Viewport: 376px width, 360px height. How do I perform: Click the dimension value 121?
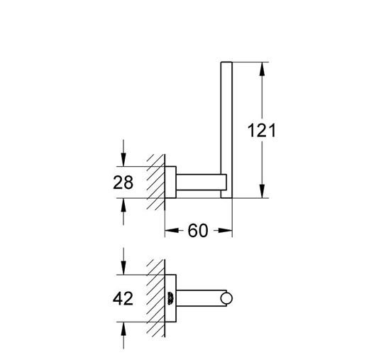pyautogui.click(x=261, y=131)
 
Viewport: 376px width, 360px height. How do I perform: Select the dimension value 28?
pyautogui.click(x=123, y=182)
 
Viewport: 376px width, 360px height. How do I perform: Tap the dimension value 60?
pyautogui.click(x=198, y=231)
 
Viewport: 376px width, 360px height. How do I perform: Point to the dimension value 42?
pyautogui.click(x=123, y=298)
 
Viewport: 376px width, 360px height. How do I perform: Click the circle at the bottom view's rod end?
pyautogui.click(x=226, y=298)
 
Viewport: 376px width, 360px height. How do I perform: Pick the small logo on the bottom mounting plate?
pyautogui.click(x=170, y=298)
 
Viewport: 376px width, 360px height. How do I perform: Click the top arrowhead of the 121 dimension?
pyautogui.click(x=262, y=69)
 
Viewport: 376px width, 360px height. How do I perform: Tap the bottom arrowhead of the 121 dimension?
pyautogui.click(x=262, y=191)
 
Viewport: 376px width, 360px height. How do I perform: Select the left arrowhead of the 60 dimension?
pyautogui.click(x=172, y=231)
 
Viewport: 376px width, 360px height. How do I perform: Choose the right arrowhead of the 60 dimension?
pyautogui.click(x=225, y=231)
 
